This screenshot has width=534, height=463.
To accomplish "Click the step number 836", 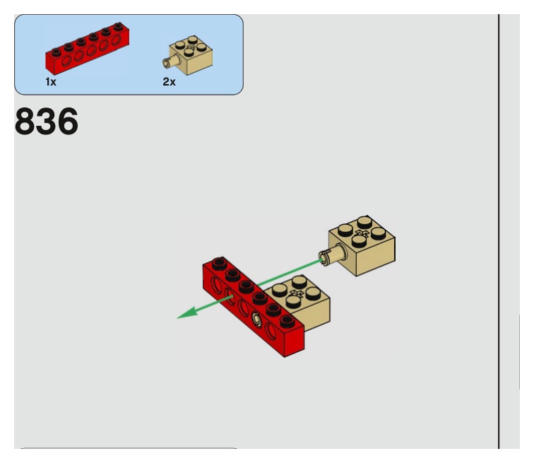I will (x=46, y=123).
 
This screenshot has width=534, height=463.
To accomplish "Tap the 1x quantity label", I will (x=51, y=82).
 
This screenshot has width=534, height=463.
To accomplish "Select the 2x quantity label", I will (x=169, y=82).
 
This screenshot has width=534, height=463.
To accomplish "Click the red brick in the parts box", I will (x=87, y=51).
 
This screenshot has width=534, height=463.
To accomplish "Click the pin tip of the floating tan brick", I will (x=324, y=257).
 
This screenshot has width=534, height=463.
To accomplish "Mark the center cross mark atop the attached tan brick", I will (x=296, y=292).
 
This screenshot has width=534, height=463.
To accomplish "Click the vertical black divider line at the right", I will (x=499, y=226).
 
